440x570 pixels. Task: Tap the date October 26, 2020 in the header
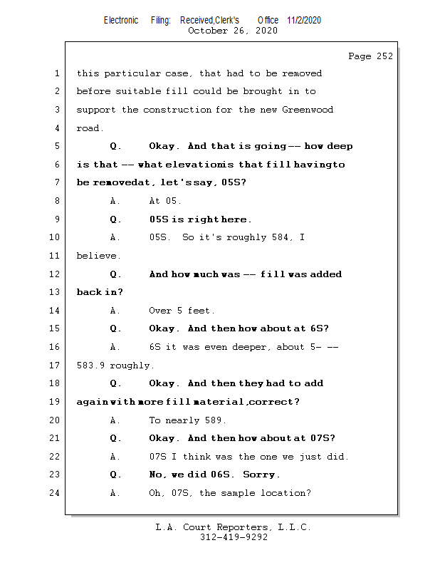click(x=232, y=31)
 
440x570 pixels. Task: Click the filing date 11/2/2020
click(x=304, y=20)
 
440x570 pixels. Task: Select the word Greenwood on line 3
click(x=308, y=110)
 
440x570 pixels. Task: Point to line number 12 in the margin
click(x=56, y=274)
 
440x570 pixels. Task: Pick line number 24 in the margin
click(x=56, y=493)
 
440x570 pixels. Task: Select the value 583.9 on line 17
click(x=90, y=366)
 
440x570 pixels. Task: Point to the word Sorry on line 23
click(x=260, y=475)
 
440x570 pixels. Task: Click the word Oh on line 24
click(x=156, y=493)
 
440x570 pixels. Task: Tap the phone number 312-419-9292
click(x=234, y=538)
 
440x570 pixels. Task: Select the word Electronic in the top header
click(x=121, y=20)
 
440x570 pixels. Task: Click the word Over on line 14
click(x=160, y=311)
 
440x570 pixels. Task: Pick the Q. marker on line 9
click(x=116, y=219)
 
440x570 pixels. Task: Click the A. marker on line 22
click(x=116, y=457)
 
